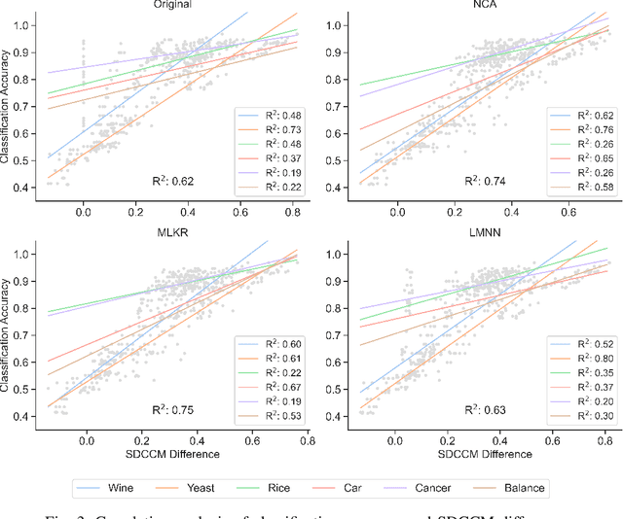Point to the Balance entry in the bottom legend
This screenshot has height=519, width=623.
point(524,487)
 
